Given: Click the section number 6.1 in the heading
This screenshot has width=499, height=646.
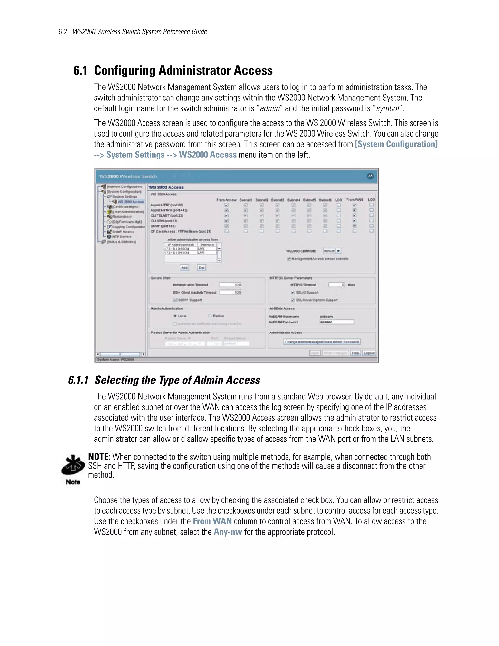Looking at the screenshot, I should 80,71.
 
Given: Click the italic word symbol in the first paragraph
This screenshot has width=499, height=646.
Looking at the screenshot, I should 388,108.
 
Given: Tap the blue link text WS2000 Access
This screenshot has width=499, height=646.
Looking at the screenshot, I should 208,155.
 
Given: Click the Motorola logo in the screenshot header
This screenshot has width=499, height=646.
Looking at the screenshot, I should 370,176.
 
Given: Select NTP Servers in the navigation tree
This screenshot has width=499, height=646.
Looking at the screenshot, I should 122,237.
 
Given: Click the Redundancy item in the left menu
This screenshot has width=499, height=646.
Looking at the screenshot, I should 122,216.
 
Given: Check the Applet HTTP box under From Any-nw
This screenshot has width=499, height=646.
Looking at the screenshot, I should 226,205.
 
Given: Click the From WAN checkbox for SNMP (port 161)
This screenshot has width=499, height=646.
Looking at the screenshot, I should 355,226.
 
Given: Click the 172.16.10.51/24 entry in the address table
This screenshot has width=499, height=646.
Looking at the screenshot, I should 177,253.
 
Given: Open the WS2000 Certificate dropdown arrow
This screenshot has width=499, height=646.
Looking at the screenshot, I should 338,251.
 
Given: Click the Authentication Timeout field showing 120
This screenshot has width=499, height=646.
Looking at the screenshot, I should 230,285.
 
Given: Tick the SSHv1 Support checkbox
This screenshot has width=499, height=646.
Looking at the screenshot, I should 175,300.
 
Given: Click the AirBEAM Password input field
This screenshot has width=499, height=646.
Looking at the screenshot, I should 336,322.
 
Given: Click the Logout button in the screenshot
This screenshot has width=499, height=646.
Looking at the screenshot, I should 369,353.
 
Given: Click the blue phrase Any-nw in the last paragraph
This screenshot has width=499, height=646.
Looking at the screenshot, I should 228,532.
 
